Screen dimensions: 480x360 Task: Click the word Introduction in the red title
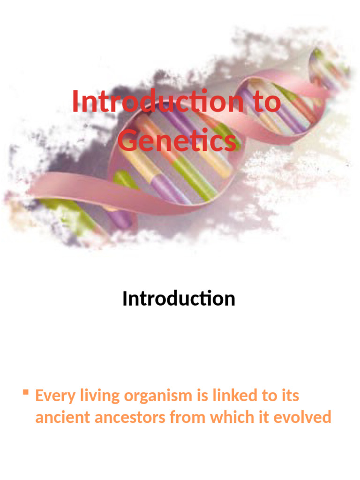tap(157, 101)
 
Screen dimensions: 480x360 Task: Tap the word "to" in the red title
tap(267, 102)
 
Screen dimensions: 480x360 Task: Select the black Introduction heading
tap(179, 298)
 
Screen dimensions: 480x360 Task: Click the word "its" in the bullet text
tap(290, 396)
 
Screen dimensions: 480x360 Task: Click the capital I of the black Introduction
tap(125, 298)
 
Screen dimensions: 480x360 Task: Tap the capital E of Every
tap(39, 396)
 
